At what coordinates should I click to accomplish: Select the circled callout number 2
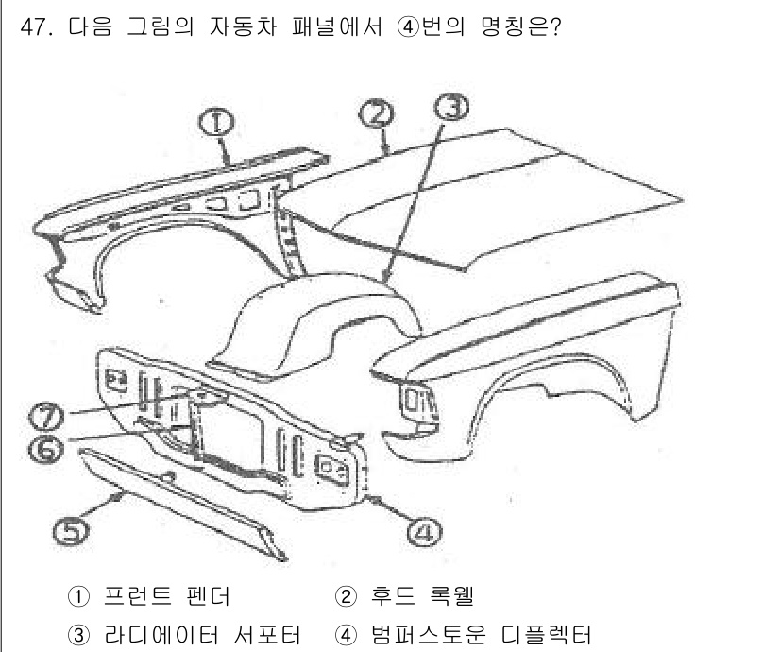point(376,114)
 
